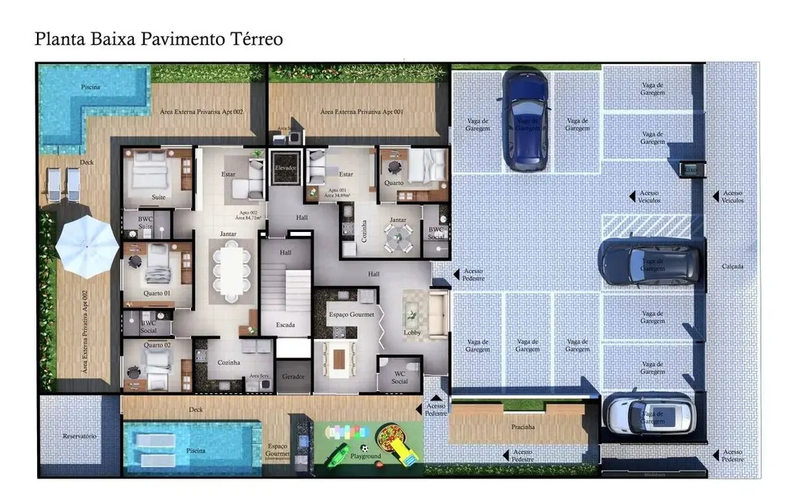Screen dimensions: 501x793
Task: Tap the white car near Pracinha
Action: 649,414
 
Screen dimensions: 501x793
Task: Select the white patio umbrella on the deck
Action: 87,246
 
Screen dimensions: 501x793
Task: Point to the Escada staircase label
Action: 285,324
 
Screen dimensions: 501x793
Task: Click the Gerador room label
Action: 293,376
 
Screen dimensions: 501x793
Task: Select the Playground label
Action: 366,456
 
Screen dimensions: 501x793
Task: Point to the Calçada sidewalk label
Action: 733,266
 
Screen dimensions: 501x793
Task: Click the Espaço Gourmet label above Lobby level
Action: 351,314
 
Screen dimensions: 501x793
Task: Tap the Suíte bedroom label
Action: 158,197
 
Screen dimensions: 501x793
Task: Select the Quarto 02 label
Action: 157,345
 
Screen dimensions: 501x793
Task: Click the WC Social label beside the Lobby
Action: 399,377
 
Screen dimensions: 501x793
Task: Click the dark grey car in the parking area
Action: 650,263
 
